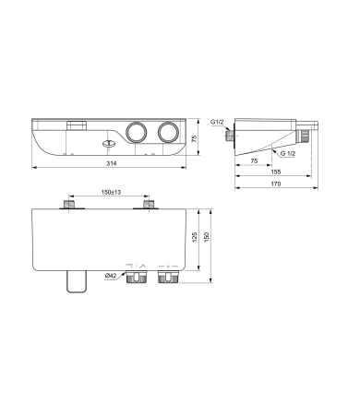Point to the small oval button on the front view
(109, 142)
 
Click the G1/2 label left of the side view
(218, 122)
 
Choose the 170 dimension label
(276, 184)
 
